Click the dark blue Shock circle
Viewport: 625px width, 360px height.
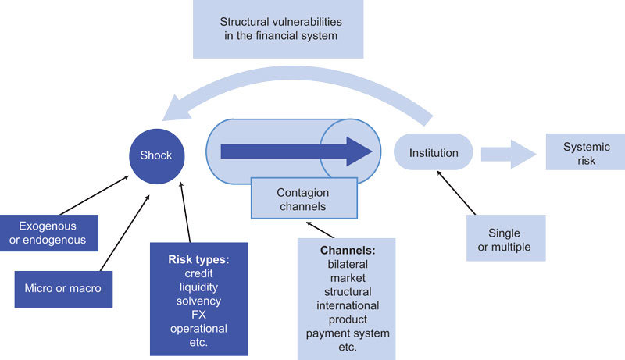pos(155,155)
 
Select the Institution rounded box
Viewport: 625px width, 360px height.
pos(434,153)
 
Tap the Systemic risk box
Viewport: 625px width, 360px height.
pos(580,154)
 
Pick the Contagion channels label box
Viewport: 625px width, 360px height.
pos(303,199)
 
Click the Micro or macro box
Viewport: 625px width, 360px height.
pos(62,287)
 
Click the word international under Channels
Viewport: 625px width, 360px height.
pos(348,305)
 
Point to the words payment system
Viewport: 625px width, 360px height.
pos(348,333)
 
